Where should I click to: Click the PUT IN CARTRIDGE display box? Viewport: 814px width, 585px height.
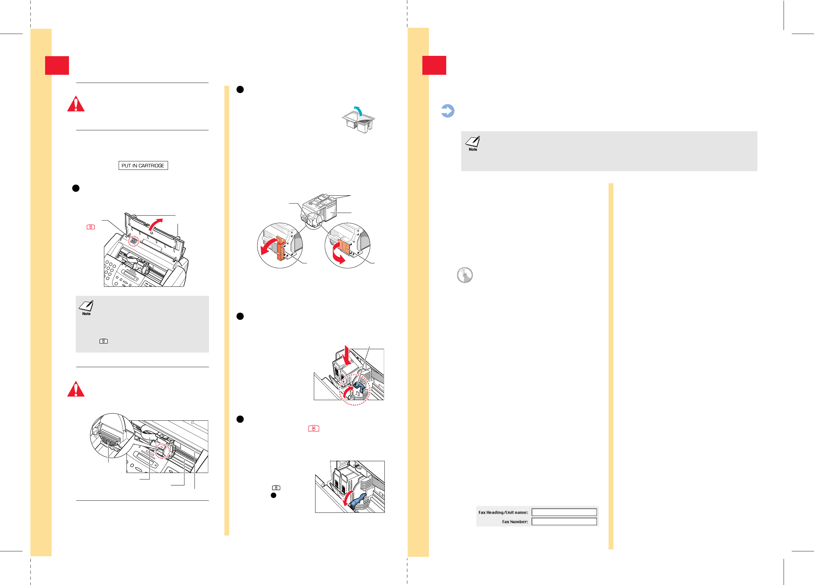(143, 165)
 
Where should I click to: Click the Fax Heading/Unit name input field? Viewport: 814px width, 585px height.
(564, 512)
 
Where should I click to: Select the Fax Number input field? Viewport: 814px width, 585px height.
(564, 522)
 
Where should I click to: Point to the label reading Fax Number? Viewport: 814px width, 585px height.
(515, 522)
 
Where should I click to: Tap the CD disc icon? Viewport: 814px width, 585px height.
(465, 275)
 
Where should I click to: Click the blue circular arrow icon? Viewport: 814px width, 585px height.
(448, 111)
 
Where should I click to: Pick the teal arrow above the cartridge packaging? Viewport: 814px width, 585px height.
(358, 111)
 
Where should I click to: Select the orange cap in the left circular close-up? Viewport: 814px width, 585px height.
(280, 249)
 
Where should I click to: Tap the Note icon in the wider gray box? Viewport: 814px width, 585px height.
(473, 143)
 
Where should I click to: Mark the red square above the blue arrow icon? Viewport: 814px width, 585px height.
(434, 65)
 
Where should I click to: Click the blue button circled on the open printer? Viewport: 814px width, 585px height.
(133, 241)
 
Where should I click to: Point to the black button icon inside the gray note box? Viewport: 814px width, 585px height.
(103, 341)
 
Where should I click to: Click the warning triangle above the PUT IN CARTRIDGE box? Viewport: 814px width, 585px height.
(76, 104)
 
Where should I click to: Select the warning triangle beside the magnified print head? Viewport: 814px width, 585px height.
(76, 389)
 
